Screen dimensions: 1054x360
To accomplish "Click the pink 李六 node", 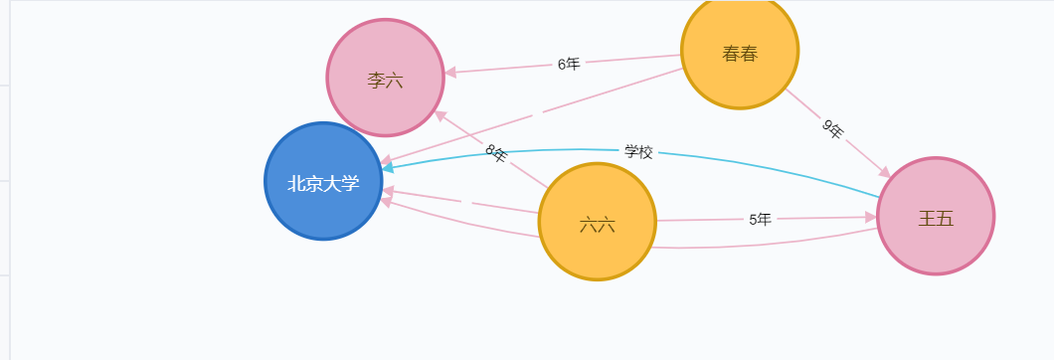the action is click(x=385, y=78).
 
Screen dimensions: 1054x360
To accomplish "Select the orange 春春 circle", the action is click(x=740, y=52).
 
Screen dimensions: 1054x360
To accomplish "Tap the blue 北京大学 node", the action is click(x=323, y=182).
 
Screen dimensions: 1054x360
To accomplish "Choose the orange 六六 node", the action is click(x=597, y=223).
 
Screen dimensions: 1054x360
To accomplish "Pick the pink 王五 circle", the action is click(x=935, y=216).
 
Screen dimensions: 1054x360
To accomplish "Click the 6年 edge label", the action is click(x=569, y=64).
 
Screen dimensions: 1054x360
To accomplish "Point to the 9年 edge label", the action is click(x=833, y=128).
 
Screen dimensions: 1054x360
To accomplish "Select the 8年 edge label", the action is click(x=496, y=154).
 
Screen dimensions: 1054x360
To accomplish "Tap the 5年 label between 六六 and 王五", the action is click(x=760, y=219).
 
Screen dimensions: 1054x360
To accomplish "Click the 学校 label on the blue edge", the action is click(x=638, y=151).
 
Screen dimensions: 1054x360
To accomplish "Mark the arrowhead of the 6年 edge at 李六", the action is click(x=450, y=72).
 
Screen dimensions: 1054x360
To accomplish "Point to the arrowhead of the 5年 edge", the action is click(x=871, y=217).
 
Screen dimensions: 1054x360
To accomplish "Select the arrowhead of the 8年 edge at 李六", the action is click(x=441, y=116).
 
